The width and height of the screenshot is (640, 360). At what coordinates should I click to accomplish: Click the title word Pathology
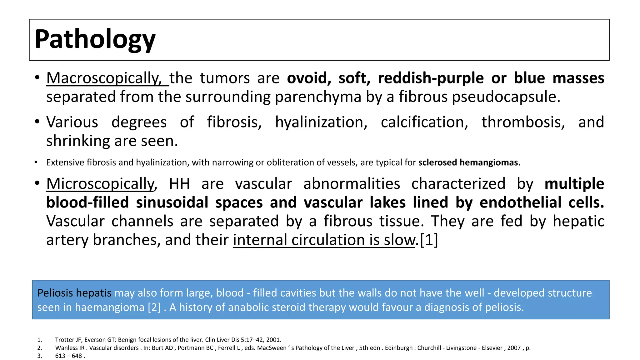(95, 39)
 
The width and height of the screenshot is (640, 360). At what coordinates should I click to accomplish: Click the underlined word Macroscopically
(103, 78)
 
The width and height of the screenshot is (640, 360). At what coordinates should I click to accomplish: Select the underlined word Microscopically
(101, 184)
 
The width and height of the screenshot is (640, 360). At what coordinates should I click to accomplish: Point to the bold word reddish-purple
(431, 78)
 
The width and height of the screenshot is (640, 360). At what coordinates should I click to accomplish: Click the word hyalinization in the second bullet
(321, 122)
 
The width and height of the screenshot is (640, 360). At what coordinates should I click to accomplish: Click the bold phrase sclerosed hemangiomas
(469, 162)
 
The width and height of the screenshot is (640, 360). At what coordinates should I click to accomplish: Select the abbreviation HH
(179, 184)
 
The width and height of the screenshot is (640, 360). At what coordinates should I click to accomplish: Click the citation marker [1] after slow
(429, 240)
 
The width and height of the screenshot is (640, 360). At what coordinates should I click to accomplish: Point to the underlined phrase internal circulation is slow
(324, 240)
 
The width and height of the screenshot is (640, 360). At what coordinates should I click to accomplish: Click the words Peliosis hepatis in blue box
(74, 293)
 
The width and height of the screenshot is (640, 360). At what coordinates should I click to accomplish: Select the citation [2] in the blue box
(154, 307)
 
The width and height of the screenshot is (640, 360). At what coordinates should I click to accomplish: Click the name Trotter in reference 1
(65, 340)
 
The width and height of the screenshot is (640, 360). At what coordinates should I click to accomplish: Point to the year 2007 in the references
(514, 348)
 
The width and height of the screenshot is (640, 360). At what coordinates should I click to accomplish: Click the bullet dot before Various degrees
(37, 122)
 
